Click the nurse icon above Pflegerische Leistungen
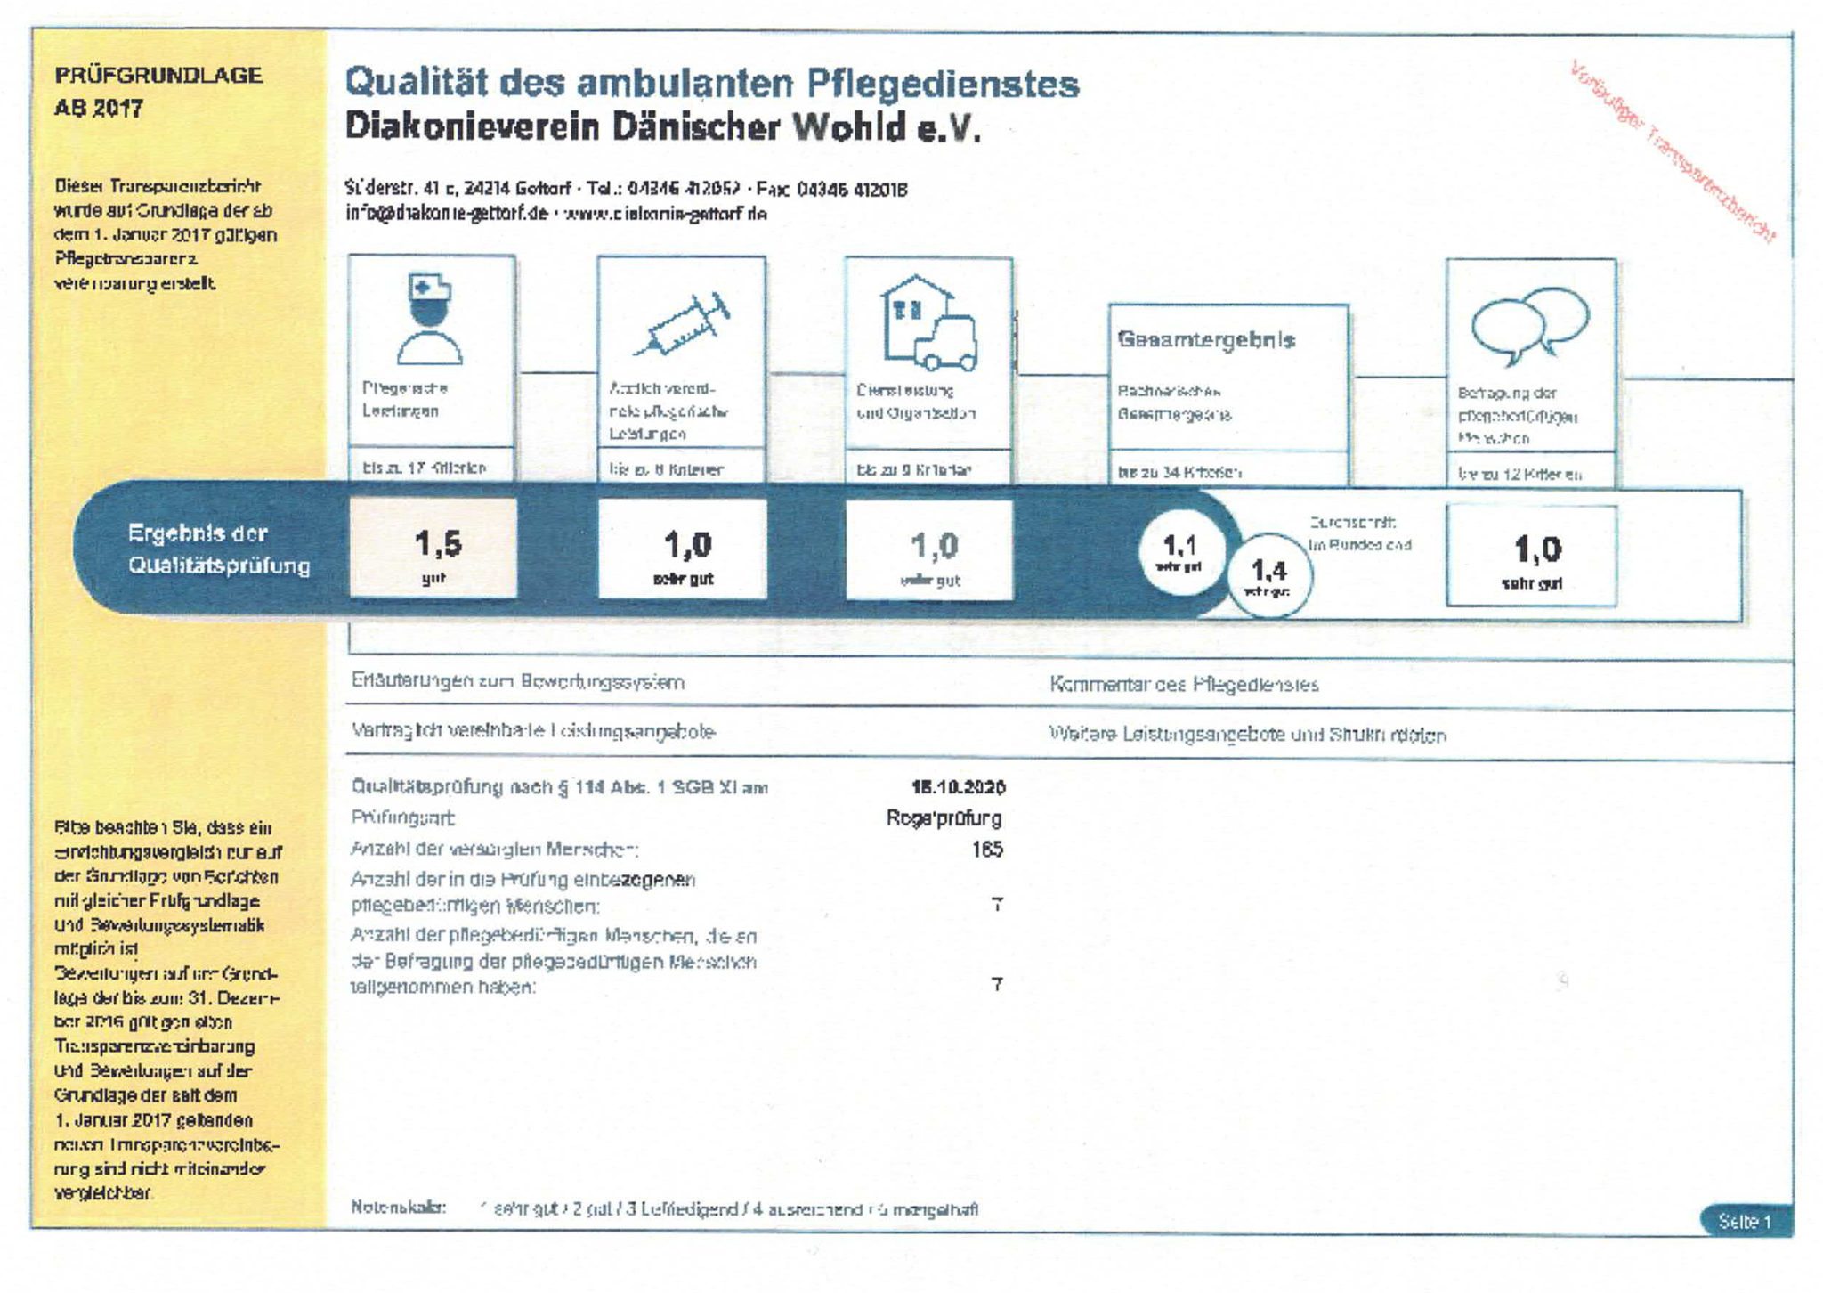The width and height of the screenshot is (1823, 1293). click(430, 320)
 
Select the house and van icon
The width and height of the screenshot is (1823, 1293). click(928, 324)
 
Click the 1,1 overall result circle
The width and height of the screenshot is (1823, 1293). click(1180, 552)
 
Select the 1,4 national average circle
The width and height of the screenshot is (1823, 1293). click(1268, 575)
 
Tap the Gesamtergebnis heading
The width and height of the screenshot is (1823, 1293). click(1206, 339)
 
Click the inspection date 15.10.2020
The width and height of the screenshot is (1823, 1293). click(958, 787)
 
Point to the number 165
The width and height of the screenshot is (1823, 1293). click(986, 849)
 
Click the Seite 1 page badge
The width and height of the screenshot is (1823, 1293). click(1744, 1221)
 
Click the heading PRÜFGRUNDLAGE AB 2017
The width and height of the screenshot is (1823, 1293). click(158, 91)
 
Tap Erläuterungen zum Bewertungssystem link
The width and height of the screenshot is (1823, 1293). click(517, 682)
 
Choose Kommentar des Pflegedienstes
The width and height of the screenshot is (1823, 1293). click(1184, 685)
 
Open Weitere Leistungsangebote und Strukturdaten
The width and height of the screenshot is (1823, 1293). click(1247, 735)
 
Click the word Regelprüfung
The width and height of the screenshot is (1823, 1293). click(944, 817)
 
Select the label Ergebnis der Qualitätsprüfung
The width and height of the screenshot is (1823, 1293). click(219, 549)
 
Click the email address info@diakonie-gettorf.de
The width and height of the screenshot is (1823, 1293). click(446, 214)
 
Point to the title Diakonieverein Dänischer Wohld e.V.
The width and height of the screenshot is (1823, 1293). click(662, 127)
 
